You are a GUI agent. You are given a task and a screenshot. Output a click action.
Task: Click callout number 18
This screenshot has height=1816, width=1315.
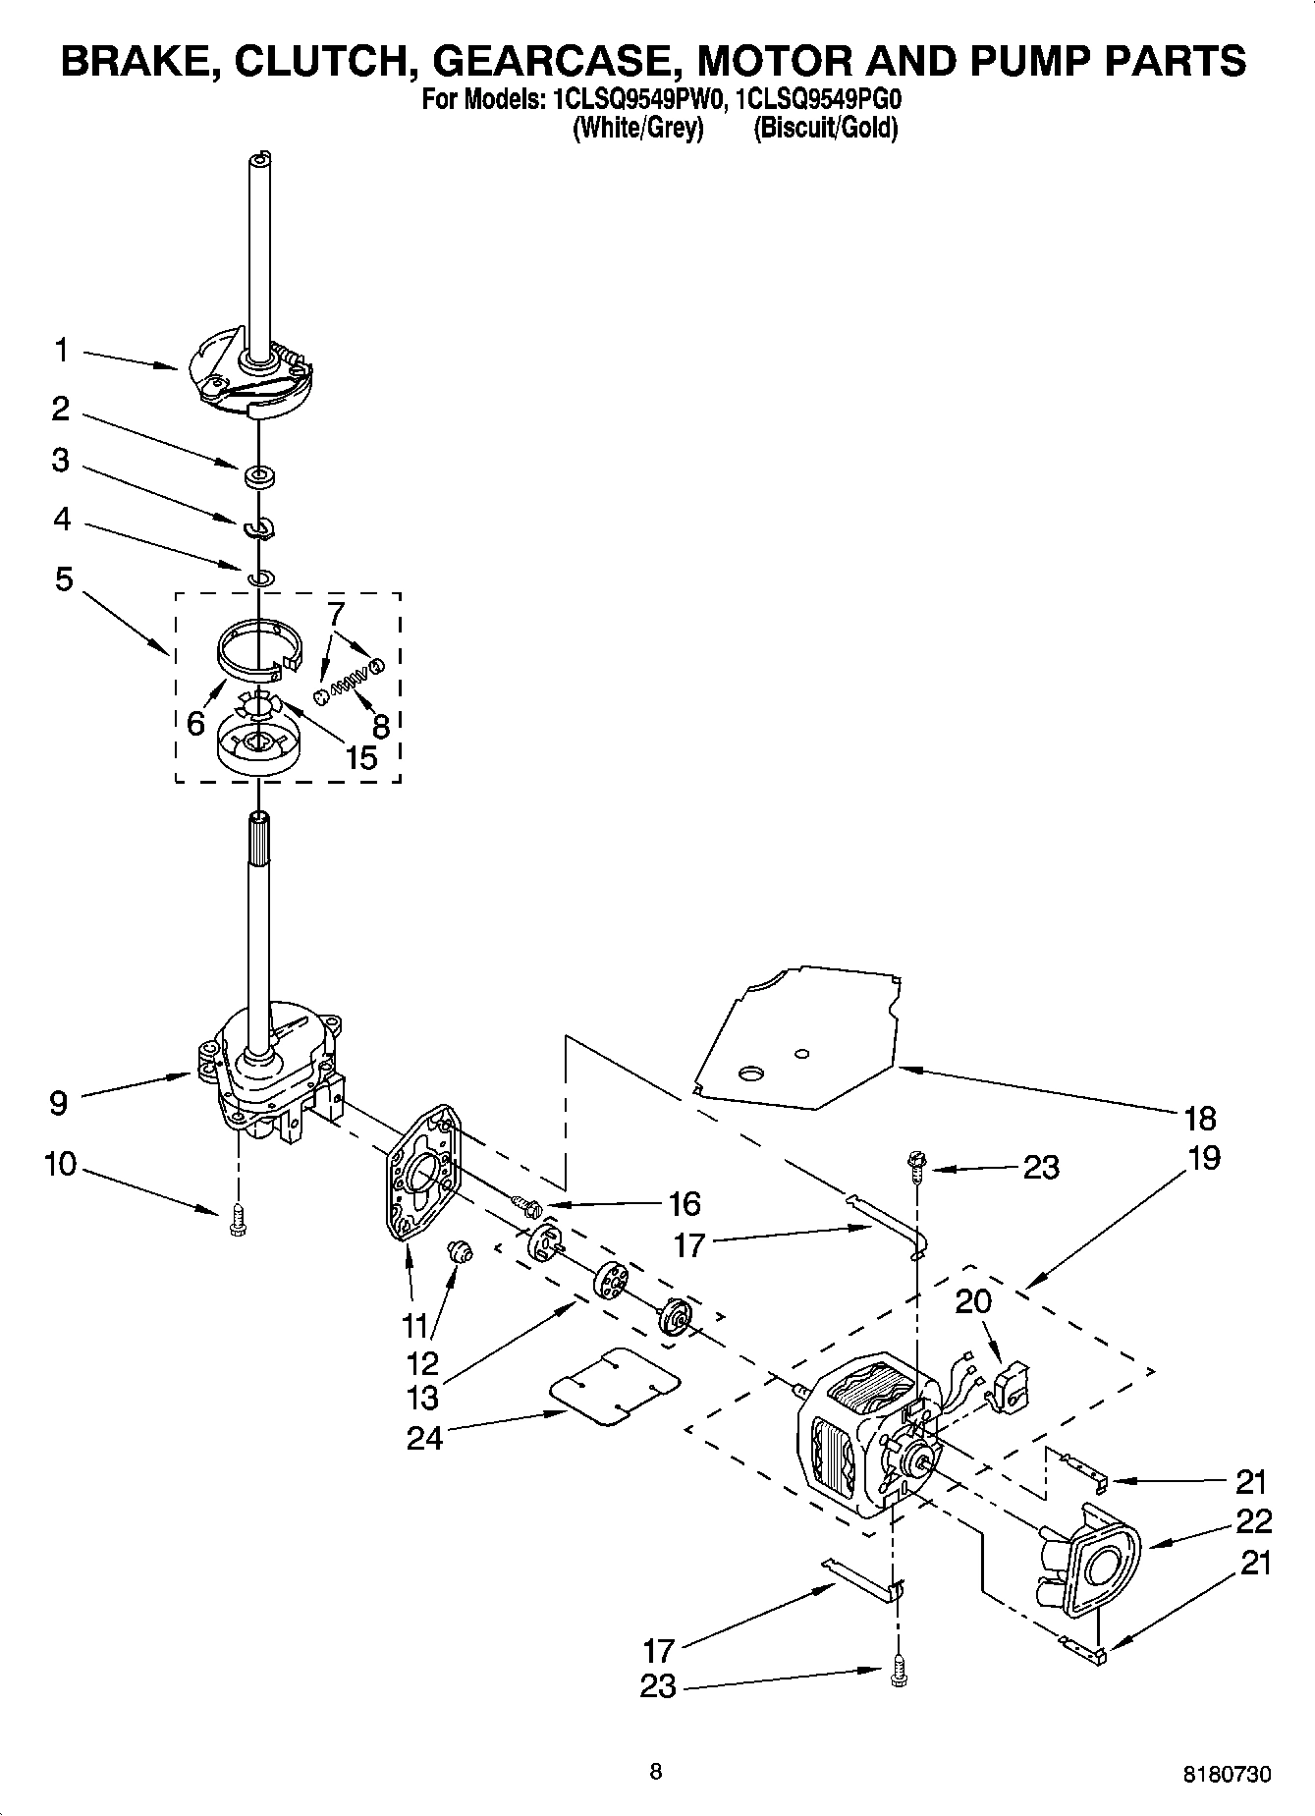(x=1200, y=1118)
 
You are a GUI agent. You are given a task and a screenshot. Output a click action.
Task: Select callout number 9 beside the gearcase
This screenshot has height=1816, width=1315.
(x=58, y=1103)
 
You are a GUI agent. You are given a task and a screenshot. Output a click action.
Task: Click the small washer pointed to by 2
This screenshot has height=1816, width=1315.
(x=260, y=477)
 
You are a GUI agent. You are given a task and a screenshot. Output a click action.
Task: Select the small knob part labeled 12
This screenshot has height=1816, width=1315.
(x=460, y=1250)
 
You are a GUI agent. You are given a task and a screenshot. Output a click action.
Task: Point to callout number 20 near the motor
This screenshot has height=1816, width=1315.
(x=973, y=1301)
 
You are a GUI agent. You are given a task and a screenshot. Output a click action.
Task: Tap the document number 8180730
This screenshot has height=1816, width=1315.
(x=1227, y=1775)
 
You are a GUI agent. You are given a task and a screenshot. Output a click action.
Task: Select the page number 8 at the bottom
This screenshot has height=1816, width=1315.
(x=655, y=1771)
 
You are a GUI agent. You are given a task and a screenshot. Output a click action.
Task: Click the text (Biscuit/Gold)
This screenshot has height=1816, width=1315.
(x=825, y=128)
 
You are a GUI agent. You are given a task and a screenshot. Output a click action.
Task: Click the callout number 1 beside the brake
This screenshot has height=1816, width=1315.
(x=62, y=350)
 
